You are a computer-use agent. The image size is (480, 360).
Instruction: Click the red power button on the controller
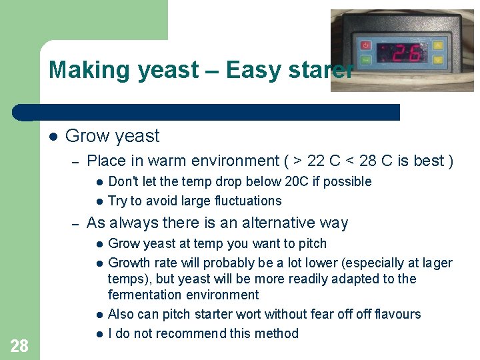365,45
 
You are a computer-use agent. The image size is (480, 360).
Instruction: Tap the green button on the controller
365,60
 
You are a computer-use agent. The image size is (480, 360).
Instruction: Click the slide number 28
19,345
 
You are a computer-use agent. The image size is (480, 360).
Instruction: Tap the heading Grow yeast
112,136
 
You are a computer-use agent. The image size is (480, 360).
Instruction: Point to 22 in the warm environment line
317,161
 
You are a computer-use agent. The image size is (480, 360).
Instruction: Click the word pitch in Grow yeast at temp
312,243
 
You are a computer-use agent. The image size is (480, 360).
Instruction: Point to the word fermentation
145,295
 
